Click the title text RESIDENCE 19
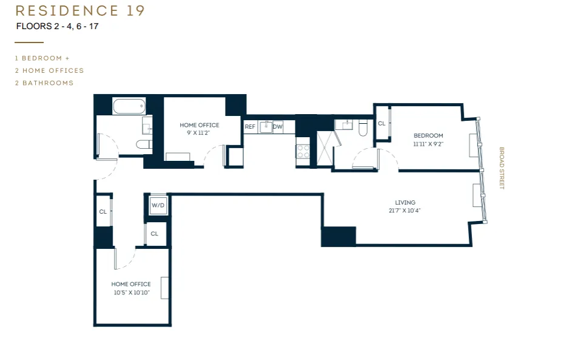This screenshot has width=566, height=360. (80, 11)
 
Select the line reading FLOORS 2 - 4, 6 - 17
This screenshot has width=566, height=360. (57, 26)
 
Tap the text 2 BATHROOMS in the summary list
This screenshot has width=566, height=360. (44, 83)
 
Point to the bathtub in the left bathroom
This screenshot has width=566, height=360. (129, 106)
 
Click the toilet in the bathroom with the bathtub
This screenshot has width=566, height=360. (144, 144)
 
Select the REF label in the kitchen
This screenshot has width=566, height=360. (249, 127)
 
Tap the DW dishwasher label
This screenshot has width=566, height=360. (277, 127)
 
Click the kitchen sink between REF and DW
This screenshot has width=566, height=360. (264, 127)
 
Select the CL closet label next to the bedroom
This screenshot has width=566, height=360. (382, 123)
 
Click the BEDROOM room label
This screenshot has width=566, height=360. (428, 135)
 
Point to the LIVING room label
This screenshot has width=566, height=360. (405, 203)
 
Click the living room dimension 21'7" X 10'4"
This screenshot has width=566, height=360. (405, 211)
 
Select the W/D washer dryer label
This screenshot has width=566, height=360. (158, 205)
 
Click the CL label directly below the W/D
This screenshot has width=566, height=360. (155, 234)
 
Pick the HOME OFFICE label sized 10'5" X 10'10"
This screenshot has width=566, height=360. (131, 284)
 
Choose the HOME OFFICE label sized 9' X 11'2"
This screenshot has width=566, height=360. (199, 125)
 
